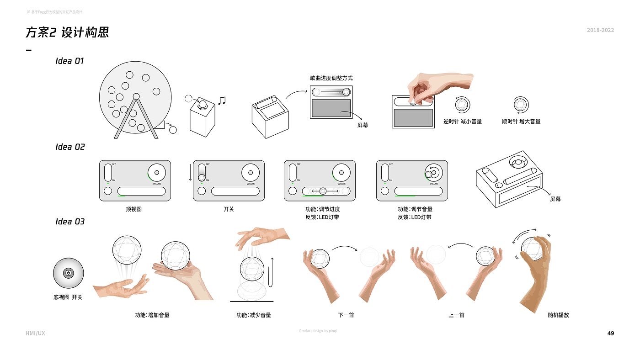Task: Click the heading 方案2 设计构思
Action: coord(67,33)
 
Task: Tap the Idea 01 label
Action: coord(69,61)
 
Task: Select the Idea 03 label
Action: coord(70,222)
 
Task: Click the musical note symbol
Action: coord(222,101)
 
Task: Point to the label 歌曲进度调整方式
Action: coord(331,78)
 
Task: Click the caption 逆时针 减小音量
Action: coord(463,122)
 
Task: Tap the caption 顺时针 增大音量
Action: coord(521,122)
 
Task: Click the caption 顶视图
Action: coord(134,209)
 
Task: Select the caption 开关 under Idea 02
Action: coord(229,209)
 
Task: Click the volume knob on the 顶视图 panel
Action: coord(156,172)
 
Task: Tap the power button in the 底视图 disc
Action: coord(68,273)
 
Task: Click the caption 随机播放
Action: coord(558,315)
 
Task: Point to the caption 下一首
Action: coord(346,315)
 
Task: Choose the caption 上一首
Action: coord(456,315)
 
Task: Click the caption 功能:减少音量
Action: coord(254,315)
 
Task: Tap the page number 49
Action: coord(611,333)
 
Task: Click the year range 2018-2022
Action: coord(600,30)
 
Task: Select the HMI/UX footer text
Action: coord(35,333)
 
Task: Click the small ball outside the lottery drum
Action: coord(173,130)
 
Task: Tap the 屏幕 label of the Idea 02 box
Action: coord(555,199)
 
